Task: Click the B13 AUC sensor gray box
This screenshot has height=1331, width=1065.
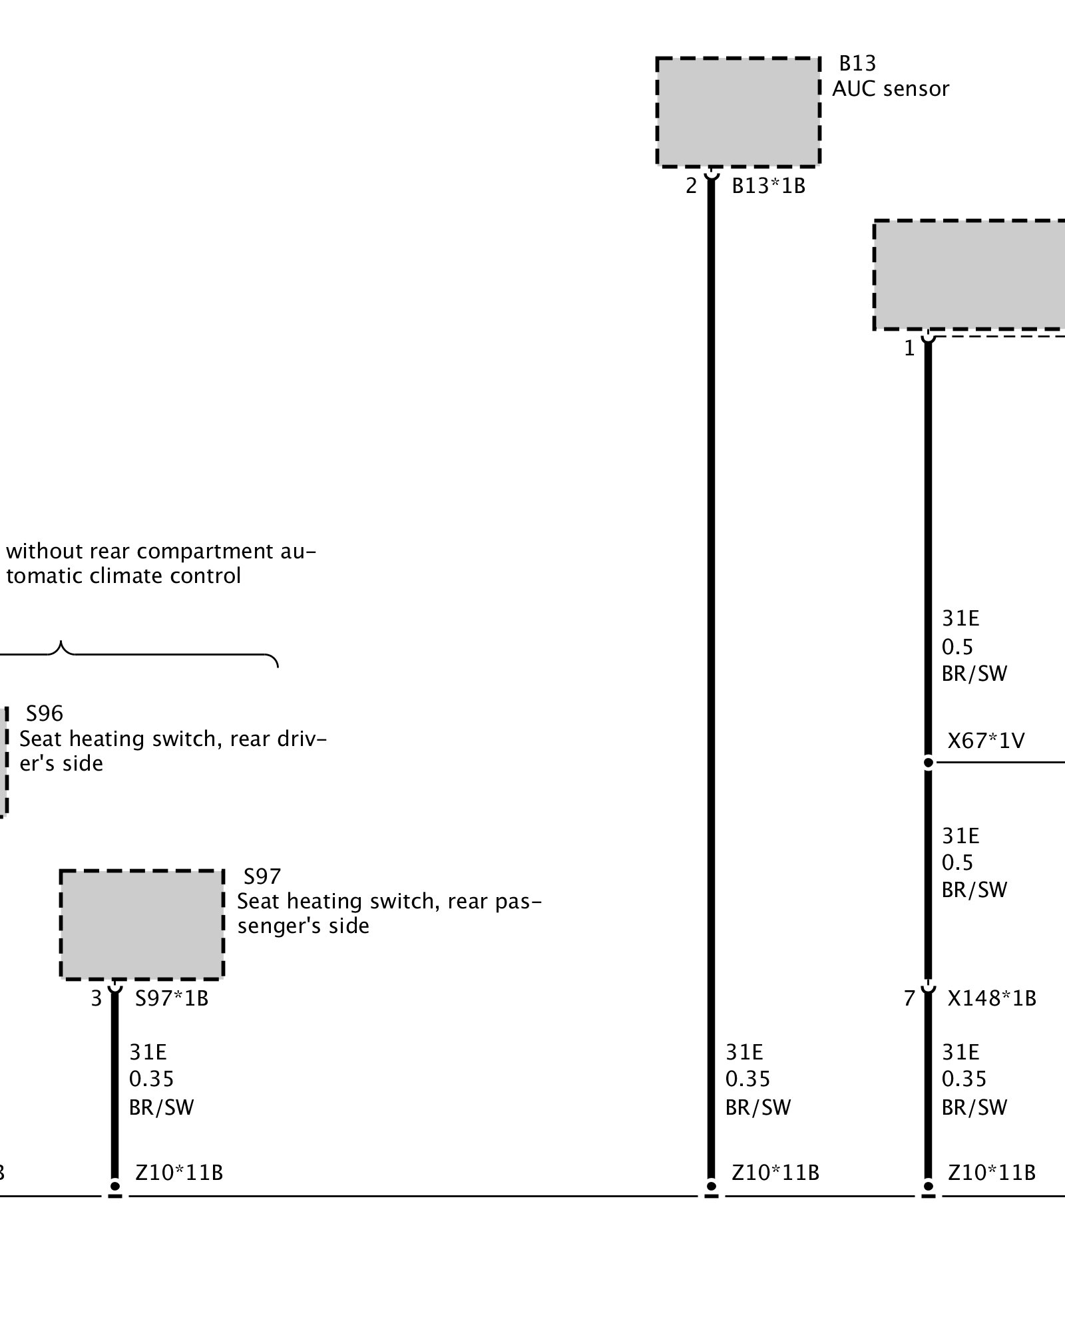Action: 738,112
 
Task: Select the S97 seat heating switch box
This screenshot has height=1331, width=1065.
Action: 142,924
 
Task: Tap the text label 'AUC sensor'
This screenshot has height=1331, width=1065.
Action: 890,89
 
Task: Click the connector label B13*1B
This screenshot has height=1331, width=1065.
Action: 768,186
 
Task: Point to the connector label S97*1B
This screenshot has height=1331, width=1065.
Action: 172,998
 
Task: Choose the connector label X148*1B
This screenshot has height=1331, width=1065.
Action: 992,998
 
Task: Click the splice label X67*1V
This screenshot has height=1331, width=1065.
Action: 986,741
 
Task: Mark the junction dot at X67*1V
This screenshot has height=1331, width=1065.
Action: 928,762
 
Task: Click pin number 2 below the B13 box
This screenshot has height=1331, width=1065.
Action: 692,186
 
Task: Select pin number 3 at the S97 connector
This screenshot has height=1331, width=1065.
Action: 97,998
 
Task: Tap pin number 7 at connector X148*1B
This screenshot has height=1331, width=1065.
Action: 909,998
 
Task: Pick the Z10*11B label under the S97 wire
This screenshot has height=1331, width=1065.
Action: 179,1173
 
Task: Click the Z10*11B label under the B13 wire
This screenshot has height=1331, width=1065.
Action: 775,1173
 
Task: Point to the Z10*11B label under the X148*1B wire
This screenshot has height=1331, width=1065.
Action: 992,1173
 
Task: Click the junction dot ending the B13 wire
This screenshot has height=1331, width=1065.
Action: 711,1187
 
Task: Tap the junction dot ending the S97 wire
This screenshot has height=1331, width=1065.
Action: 115,1187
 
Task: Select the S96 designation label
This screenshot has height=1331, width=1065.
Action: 45,713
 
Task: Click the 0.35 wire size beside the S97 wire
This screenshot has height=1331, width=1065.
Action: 151,1079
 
